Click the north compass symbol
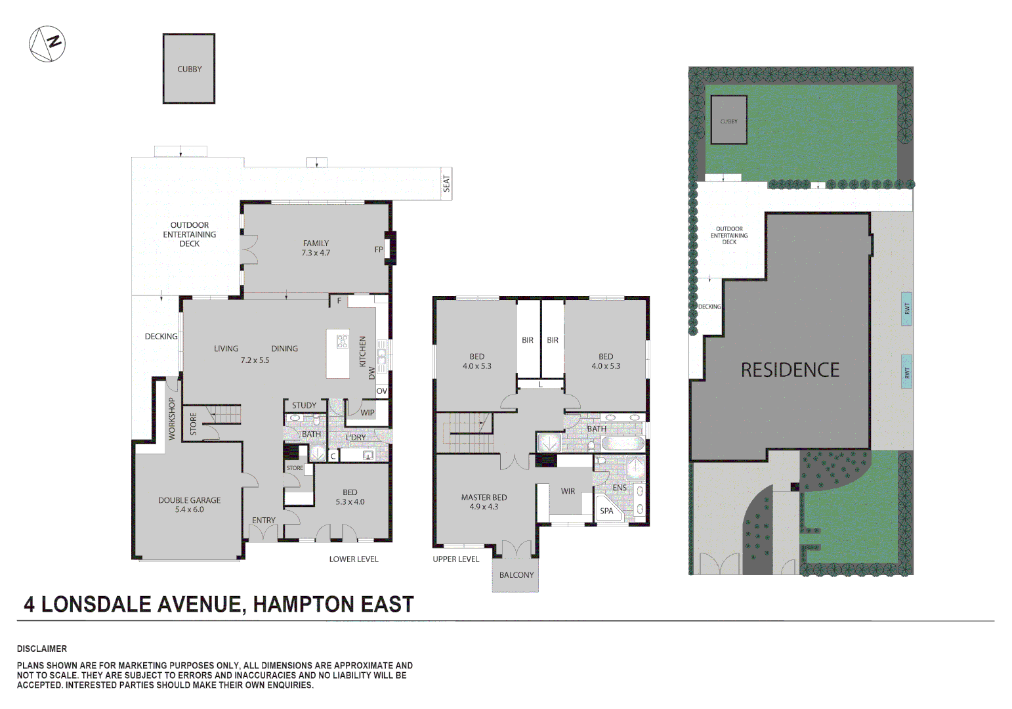[47, 44]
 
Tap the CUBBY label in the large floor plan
[189, 69]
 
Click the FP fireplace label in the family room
[379, 249]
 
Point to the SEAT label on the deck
[447, 183]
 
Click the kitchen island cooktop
[343, 341]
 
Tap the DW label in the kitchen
[372, 373]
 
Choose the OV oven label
[382, 391]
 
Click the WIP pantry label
[368, 412]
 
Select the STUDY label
[304, 405]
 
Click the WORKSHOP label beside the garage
[172, 418]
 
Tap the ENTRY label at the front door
[264, 520]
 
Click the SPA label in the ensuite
[606, 511]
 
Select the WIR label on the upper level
[568, 491]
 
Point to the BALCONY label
[517, 575]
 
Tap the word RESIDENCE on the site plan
[790, 370]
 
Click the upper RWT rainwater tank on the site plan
[906, 309]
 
